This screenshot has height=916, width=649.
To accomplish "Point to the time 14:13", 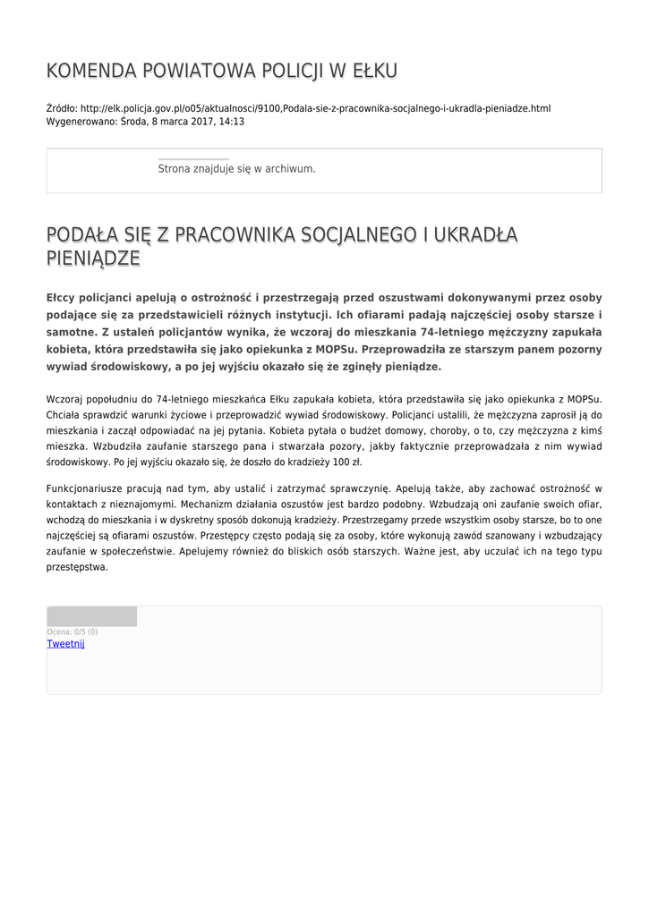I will click(232, 122).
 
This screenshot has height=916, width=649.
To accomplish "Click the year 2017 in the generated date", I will click(192, 122).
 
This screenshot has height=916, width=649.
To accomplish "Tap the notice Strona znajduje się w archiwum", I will click(236, 168).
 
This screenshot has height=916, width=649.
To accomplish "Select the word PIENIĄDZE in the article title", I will click(93, 259).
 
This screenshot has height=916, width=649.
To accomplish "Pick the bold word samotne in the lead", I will click(71, 332).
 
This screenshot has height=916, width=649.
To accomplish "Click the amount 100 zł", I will click(346, 462).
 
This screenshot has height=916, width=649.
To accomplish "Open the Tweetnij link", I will click(65, 644).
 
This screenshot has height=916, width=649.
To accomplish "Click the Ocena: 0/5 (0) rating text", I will click(73, 632).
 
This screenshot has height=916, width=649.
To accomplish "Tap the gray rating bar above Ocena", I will click(91, 616).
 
